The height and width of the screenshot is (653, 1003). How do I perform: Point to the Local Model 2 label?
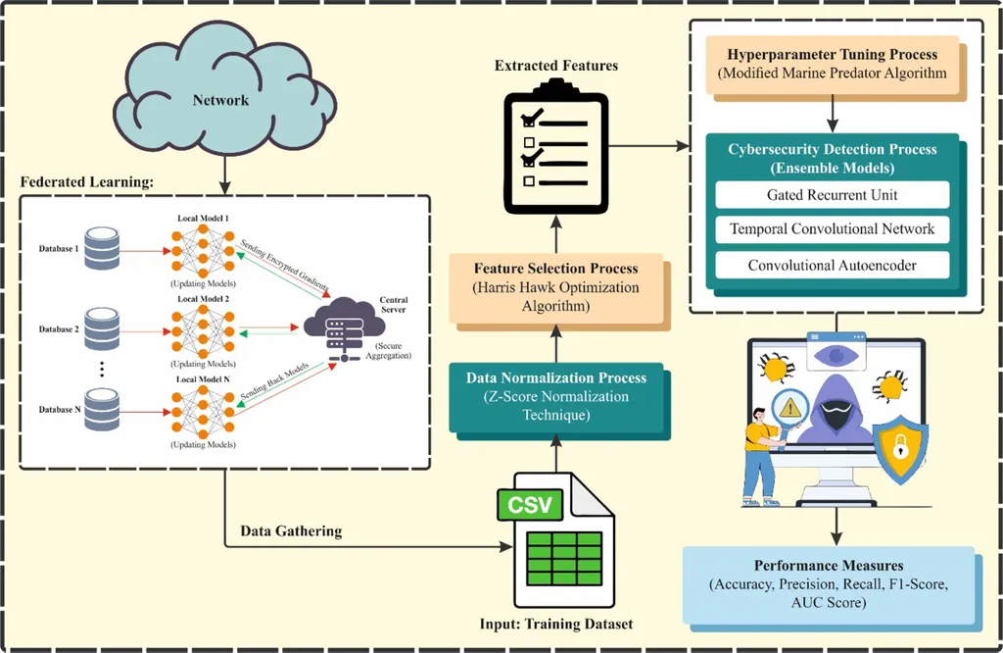[x=203, y=298]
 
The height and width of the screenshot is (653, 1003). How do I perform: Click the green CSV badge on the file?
[x=530, y=505]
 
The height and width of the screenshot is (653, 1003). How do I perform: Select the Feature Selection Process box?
[x=555, y=288]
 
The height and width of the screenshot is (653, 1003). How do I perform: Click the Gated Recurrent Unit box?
[x=833, y=194]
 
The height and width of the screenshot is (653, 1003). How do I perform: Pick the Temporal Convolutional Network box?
[x=833, y=229]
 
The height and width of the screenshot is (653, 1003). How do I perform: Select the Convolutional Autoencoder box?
[x=833, y=265]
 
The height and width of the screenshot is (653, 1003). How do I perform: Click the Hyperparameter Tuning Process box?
[x=832, y=63]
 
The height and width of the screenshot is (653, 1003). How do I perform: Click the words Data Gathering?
[x=291, y=531]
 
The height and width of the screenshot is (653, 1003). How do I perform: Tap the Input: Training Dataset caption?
[x=555, y=624]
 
